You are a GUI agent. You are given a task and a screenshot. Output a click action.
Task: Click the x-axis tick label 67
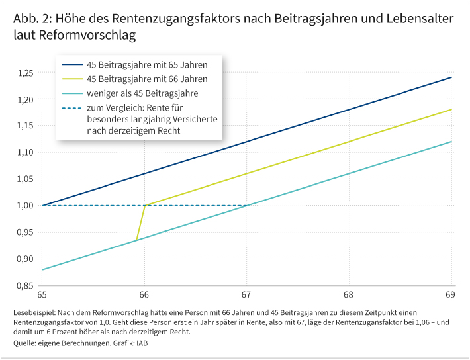pos(247,294)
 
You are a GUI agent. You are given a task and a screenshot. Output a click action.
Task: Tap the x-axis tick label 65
pos(42,294)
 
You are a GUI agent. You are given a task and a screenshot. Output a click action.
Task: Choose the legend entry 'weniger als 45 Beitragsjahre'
pos(142,93)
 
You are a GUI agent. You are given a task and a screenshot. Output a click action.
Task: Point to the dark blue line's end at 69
pos(451,77)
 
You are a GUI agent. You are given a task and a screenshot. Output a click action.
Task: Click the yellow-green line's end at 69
pos(451,109)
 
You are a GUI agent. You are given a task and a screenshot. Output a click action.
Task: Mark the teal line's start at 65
pos(43,269)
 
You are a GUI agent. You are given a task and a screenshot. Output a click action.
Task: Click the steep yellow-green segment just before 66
pos(140,222)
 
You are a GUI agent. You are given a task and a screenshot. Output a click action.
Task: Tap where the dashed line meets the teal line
pos(247,205)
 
